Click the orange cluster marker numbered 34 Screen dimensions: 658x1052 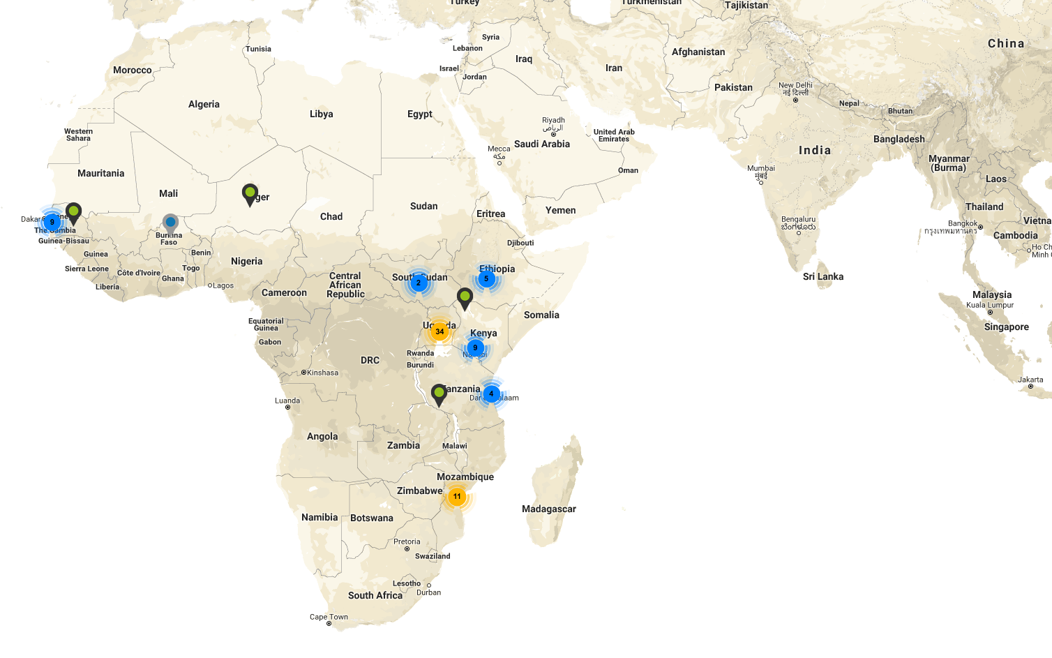[439, 331]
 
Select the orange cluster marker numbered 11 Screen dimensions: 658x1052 [457, 497]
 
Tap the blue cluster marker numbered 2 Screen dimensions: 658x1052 [419, 283]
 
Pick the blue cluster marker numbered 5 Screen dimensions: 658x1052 [486, 278]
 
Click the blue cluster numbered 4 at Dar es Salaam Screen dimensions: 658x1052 [491, 394]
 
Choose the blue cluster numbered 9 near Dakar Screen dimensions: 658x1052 [52, 222]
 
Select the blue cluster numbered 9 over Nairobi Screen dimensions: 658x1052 [475, 347]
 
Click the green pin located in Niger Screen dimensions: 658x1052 [250, 193]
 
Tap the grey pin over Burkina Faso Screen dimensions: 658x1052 [170, 223]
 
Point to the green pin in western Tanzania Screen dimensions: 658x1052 [439, 394]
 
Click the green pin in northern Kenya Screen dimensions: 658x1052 [465, 297]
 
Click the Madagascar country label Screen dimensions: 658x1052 [549, 509]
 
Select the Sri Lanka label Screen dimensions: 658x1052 [822, 276]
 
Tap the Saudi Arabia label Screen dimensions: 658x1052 [542, 144]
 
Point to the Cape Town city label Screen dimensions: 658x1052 [329, 617]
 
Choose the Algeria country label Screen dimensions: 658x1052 [204, 104]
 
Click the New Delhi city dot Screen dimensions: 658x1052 [795, 100]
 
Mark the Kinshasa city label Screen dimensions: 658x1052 [322, 373]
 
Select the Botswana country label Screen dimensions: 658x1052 [372, 518]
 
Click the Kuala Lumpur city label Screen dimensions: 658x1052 [989, 305]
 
